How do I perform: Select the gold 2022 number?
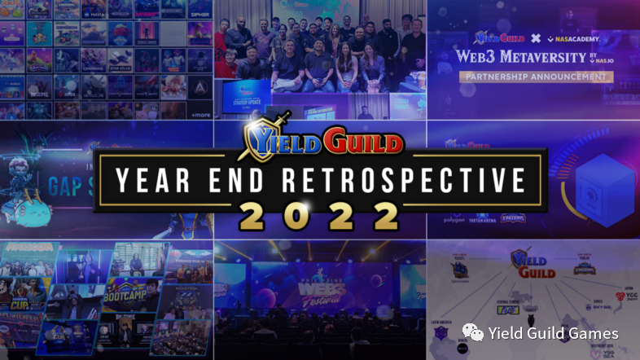coord(319,215)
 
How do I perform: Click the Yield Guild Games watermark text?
coord(554,333)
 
